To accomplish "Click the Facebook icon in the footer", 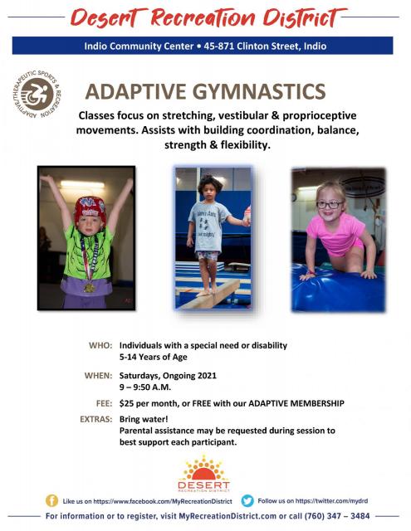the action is click(x=51, y=500).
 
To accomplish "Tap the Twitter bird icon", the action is click(x=247, y=500).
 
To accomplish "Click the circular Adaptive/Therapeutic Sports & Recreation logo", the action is click(x=37, y=94).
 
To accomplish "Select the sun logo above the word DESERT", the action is click(x=203, y=468).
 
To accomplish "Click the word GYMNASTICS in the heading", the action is click(x=259, y=91).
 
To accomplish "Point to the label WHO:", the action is click(x=100, y=345).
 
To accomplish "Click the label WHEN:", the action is click(x=98, y=376).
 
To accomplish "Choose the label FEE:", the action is click(x=104, y=403).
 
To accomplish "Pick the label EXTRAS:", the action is click(x=95, y=419).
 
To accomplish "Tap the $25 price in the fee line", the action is click(x=125, y=403).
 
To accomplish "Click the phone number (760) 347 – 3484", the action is click(x=337, y=516).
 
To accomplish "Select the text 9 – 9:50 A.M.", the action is click(x=145, y=387).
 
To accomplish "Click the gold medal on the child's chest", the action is click(x=89, y=288).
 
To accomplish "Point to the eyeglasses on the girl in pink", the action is click(x=330, y=204).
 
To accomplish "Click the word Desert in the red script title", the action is click(x=105, y=17).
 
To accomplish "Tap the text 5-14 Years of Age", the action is click(x=153, y=357).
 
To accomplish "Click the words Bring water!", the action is click(x=144, y=419).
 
